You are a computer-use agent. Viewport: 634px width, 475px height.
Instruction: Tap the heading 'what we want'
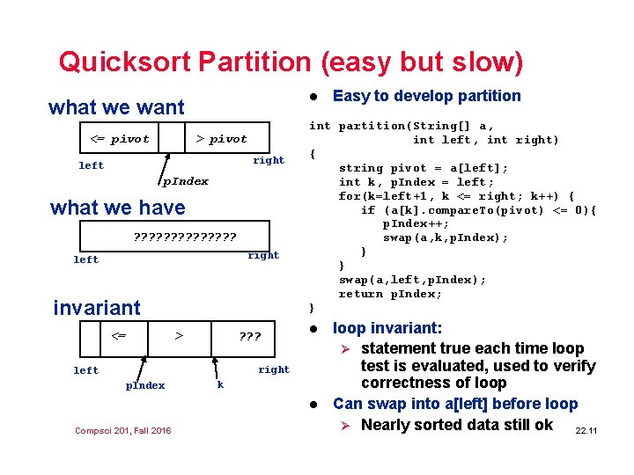tap(116, 107)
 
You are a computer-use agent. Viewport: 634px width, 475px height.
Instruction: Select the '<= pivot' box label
tap(121, 139)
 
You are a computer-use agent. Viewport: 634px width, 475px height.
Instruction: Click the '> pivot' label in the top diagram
tap(221, 139)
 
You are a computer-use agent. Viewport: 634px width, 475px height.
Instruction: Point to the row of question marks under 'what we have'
tap(184, 237)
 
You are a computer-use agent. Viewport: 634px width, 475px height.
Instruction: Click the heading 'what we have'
tap(118, 208)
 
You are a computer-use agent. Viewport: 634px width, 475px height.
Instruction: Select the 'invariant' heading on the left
tap(97, 308)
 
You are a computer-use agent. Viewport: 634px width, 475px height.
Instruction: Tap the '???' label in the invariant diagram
tap(250, 336)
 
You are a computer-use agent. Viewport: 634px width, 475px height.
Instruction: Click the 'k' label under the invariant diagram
tap(220, 384)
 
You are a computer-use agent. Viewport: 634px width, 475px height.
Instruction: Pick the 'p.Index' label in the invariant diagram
tap(145, 385)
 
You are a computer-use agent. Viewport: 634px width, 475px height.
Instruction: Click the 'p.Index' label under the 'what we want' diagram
tap(185, 181)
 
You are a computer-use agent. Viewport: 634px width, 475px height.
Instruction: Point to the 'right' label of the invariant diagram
tap(273, 369)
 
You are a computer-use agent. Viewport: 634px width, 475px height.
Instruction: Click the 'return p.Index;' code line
tap(391, 294)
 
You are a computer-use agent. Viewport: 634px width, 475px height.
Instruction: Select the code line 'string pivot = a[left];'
tap(424, 167)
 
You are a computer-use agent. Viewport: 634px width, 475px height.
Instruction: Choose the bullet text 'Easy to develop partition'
tap(426, 96)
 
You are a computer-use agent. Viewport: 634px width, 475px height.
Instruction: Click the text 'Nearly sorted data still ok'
tap(456, 425)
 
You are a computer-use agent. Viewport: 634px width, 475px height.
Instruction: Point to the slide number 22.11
tap(586, 430)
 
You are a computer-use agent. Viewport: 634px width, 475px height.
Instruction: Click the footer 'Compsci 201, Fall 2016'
tap(123, 430)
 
